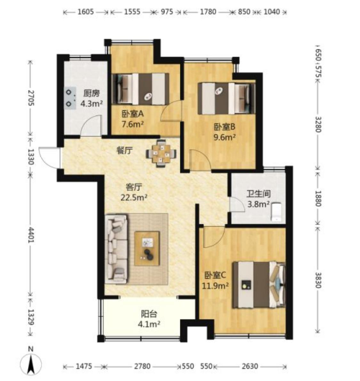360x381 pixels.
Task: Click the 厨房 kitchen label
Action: [x=92, y=93]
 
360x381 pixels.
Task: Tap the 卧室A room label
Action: [x=133, y=114]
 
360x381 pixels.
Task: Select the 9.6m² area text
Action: [x=224, y=138]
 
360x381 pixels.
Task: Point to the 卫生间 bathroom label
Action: [x=259, y=194]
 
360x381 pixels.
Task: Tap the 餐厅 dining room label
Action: [x=124, y=151]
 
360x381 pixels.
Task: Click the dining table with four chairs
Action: [x=161, y=154]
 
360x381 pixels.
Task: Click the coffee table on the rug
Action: [x=147, y=248]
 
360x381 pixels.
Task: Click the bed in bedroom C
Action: [x=259, y=285]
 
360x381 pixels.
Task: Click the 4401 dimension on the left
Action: [x=31, y=235]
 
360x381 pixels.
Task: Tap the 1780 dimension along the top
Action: [x=208, y=12]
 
